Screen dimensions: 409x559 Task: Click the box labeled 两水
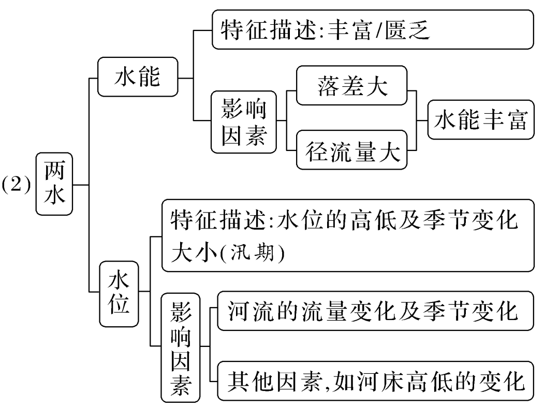[54, 184]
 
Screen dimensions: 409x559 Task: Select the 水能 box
[137, 78]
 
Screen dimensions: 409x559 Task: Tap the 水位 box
[118, 293]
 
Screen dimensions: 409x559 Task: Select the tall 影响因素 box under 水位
[181, 347]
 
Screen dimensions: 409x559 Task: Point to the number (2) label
[17, 185]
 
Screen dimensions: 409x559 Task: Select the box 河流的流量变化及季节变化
[375, 311]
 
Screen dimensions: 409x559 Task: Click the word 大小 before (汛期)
[193, 254]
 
